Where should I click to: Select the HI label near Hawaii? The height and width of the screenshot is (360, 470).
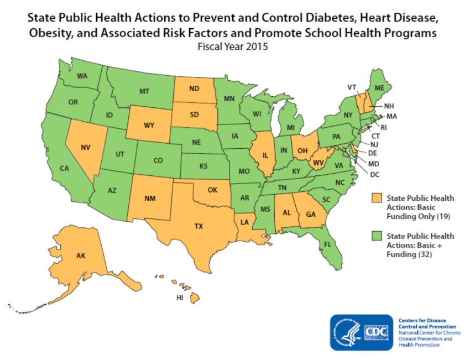click(x=179, y=297)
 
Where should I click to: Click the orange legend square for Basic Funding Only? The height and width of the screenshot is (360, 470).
click(x=377, y=197)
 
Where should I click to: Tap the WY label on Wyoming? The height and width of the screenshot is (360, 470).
click(x=148, y=126)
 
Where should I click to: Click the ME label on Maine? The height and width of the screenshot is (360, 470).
click(x=379, y=88)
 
